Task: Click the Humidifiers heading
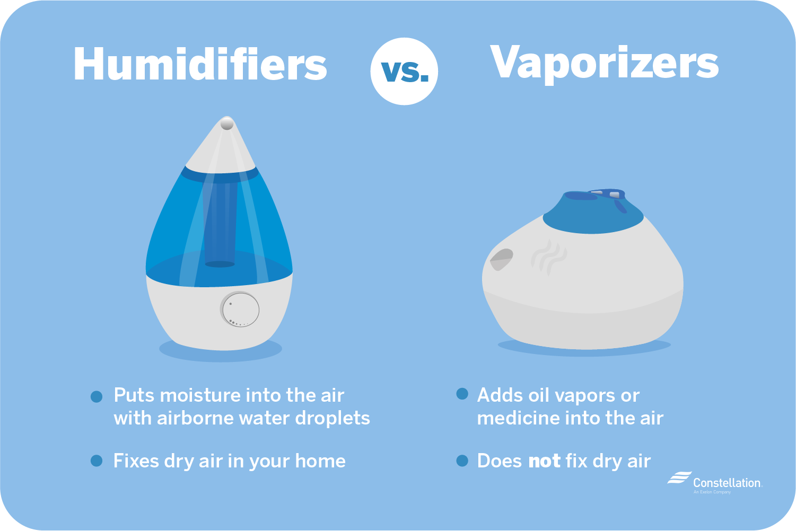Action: (200, 64)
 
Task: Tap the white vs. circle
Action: (404, 72)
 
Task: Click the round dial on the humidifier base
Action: (240, 309)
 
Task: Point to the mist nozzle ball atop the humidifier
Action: (227, 123)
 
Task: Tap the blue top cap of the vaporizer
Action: (593, 211)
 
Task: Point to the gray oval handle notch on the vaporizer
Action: (501, 259)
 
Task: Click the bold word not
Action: (545, 461)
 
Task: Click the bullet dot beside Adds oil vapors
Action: (462, 394)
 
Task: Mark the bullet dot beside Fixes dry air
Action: (97, 461)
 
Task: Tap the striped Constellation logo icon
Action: (679, 477)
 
